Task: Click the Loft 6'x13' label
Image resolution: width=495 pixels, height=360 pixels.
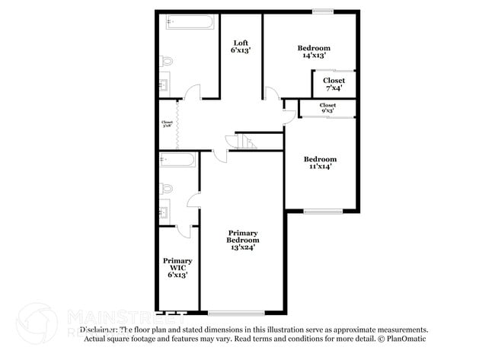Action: point(241,46)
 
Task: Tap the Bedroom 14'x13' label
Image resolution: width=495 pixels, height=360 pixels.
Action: point(314,52)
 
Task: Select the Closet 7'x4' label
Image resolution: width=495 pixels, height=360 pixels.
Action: point(334,84)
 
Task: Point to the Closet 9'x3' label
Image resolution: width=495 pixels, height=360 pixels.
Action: point(328,108)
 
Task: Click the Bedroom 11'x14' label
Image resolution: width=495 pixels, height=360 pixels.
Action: point(320,163)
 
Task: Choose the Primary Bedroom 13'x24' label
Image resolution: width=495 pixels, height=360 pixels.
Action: point(243,240)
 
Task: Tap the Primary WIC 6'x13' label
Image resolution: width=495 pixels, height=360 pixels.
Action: point(177,267)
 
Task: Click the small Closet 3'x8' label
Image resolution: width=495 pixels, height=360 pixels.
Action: point(167,124)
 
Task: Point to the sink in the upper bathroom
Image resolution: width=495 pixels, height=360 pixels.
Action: point(164,85)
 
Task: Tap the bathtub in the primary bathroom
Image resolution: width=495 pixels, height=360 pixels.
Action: point(178,160)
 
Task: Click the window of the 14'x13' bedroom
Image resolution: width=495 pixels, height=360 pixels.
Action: point(322,11)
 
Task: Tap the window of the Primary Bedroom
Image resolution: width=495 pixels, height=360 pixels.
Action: point(236,313)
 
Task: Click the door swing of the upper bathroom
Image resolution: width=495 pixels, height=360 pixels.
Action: point(193,93)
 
